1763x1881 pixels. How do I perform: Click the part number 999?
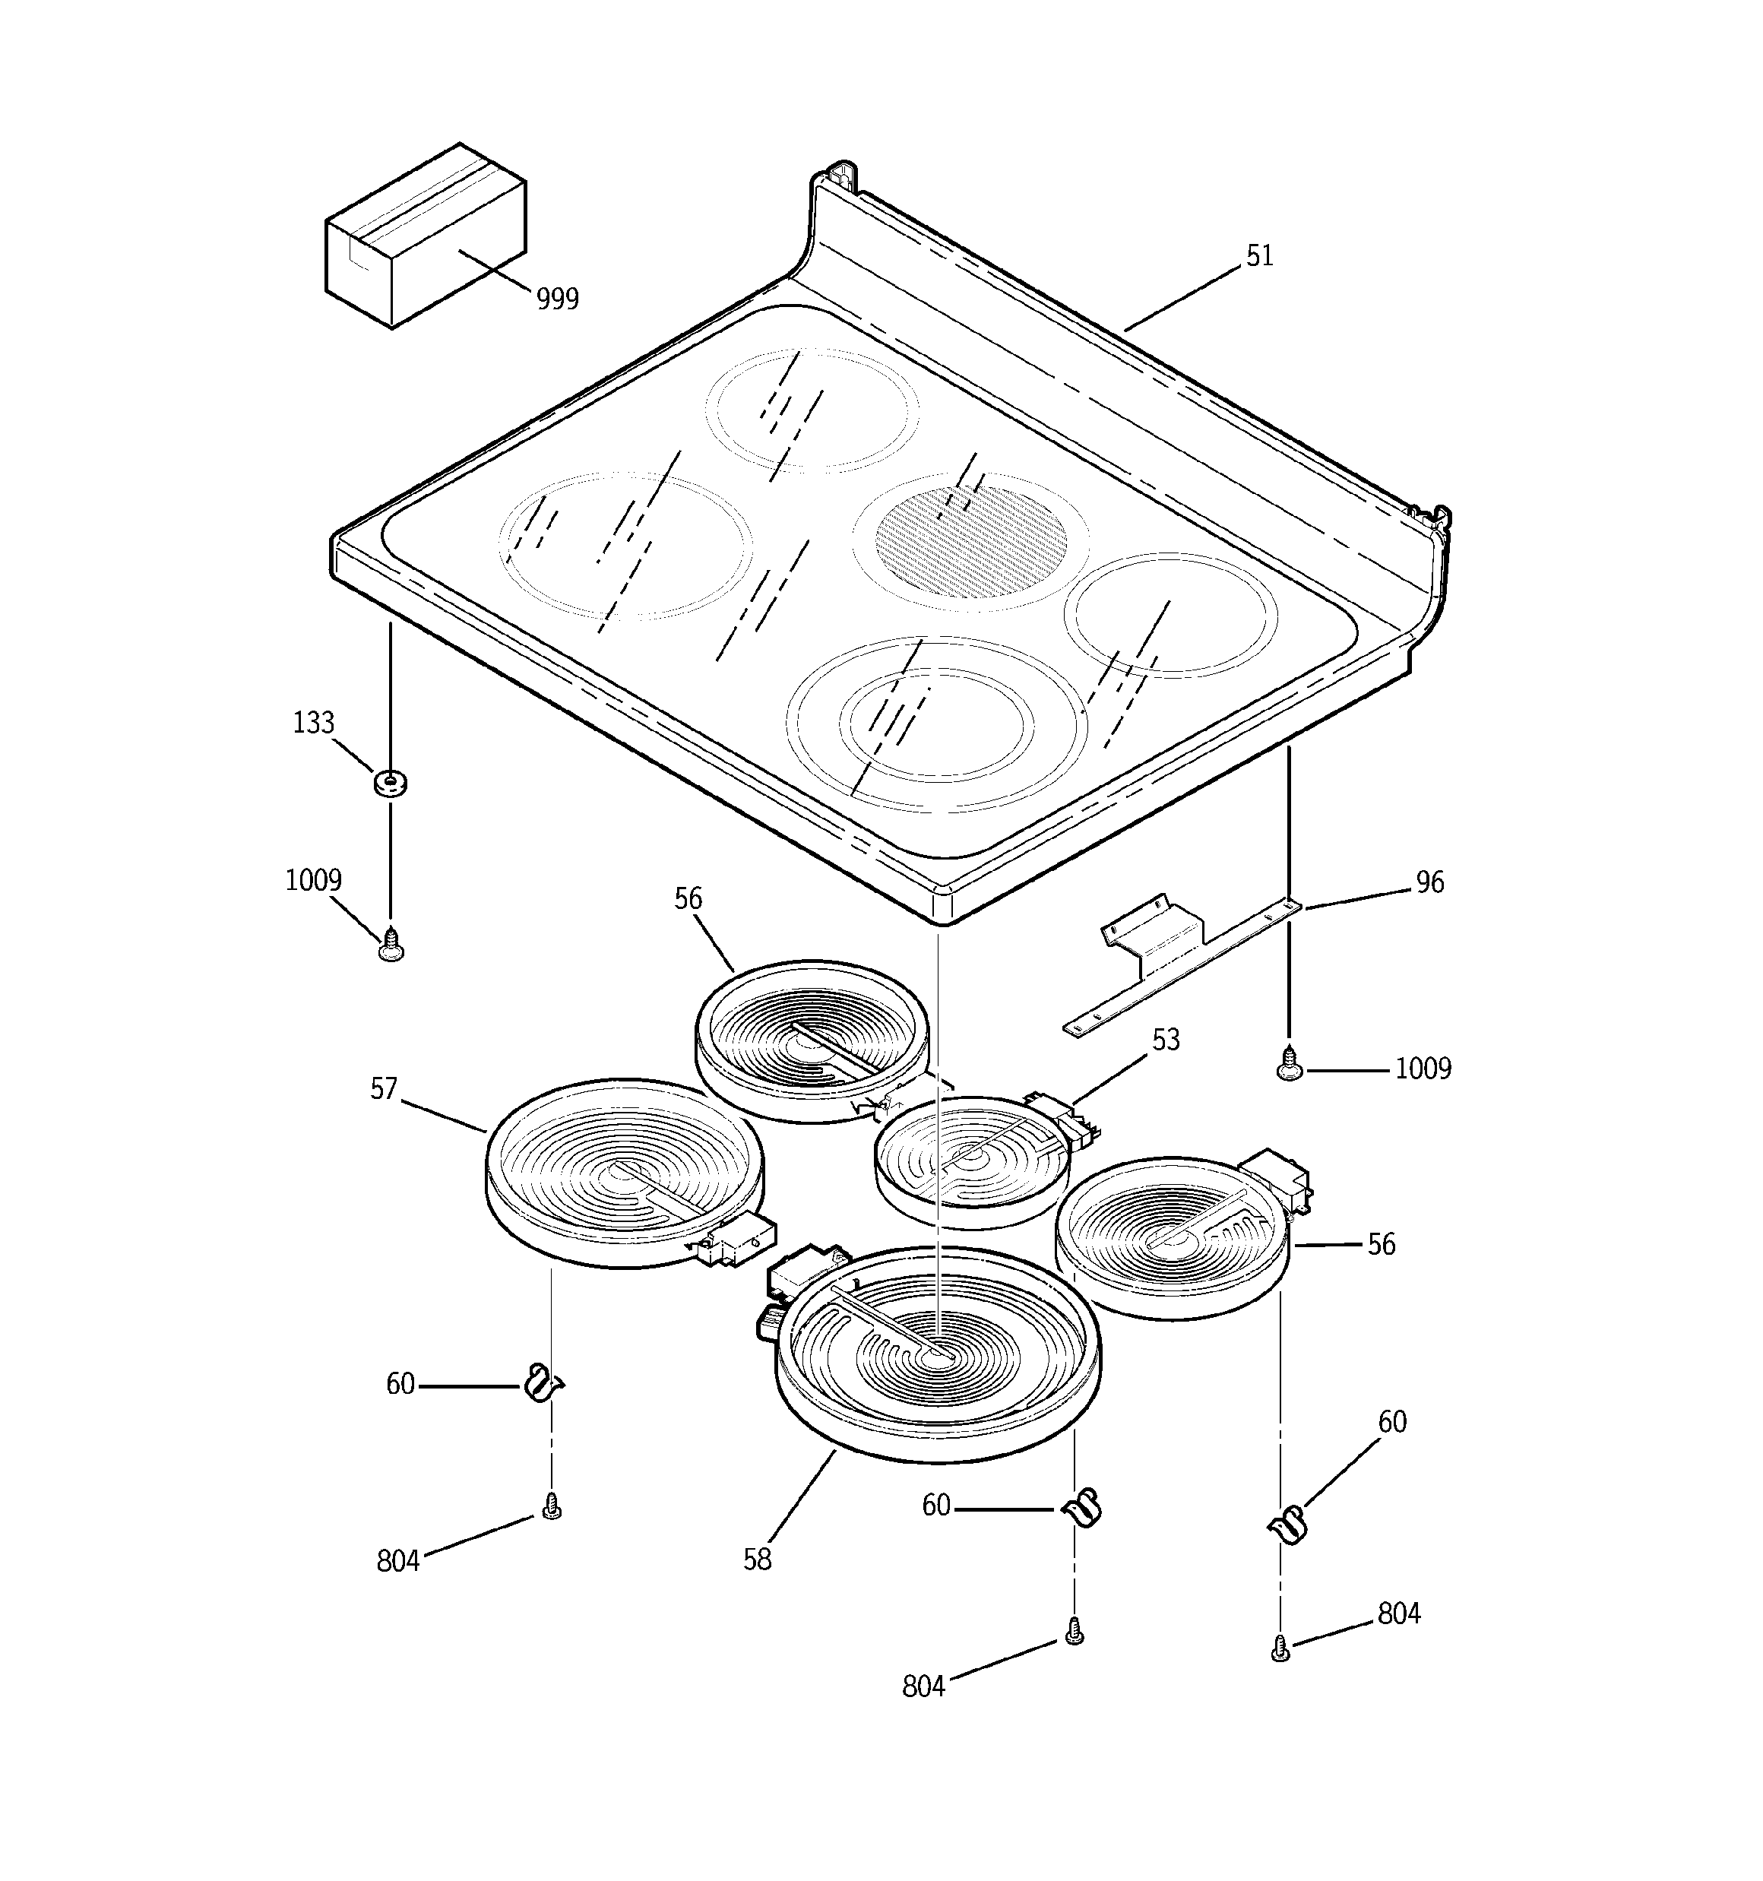point(556,299)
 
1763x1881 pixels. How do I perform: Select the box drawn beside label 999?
point(425,236)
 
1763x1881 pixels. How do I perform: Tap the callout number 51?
point(1259,256)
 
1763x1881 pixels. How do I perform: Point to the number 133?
point(313,723)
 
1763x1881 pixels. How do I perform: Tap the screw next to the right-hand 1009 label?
point(1289,1062)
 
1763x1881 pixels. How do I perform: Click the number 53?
point(1165,1040)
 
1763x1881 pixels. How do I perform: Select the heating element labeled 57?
point(624,1173)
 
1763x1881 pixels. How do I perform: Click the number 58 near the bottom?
point(757,1560)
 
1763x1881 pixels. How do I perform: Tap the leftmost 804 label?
point(397,1561)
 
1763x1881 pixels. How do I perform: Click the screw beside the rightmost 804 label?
point(1280,1649)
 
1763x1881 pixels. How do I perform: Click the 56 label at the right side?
point(1381,1244)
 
